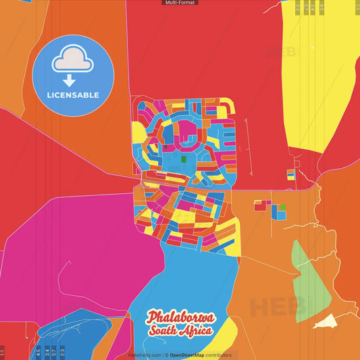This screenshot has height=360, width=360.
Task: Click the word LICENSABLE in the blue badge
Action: point(73,95)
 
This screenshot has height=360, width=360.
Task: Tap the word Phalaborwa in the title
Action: point(180,317)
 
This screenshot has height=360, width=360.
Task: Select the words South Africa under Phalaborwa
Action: point(181,330)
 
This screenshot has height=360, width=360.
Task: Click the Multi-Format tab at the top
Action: point(180,3)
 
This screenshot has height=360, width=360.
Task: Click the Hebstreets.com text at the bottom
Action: point(145,355)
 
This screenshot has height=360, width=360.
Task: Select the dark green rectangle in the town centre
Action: point(183,159)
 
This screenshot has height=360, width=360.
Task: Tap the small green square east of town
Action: point(282,207)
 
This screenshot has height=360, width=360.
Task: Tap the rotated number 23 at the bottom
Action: point(63,351)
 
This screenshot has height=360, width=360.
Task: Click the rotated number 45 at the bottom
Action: point(38,351)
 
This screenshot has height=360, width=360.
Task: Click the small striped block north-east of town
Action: point(290,174)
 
